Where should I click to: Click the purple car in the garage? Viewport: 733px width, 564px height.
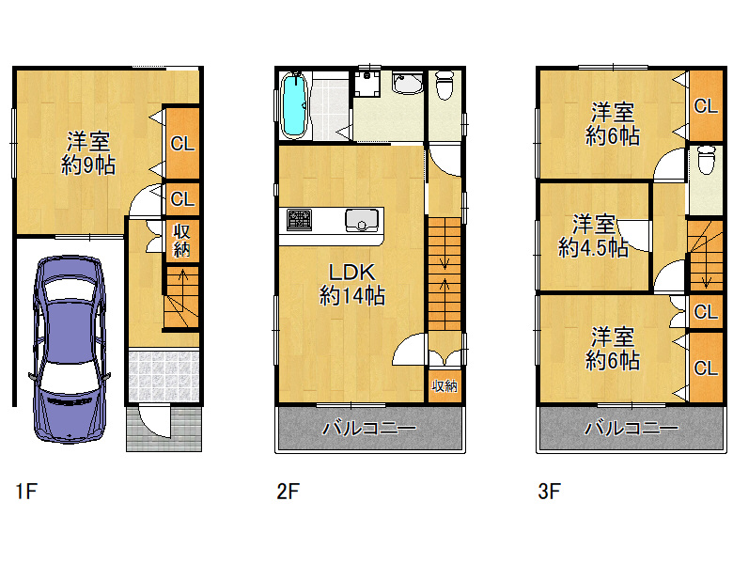coord(70,349)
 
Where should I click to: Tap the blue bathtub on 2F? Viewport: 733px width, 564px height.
coord(294,105)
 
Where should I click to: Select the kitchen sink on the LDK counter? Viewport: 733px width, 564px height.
coord(362,220)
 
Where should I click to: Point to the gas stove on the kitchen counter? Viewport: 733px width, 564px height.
coord(299,220)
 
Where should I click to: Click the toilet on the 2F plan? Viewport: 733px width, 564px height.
coord(444,86)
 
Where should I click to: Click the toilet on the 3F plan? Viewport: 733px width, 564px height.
coord(706,160)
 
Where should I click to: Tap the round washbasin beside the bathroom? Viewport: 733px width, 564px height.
coord(407,84)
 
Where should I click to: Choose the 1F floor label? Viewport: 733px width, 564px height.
coord(26,492)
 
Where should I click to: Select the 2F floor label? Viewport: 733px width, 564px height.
coord(288,492)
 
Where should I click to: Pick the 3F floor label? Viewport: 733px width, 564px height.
coord(550,492)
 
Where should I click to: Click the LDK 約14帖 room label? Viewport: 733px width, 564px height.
coord(352,284)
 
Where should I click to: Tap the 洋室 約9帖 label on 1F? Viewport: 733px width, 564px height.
coord(88,153)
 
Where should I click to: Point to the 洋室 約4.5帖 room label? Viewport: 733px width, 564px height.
coord(593,236)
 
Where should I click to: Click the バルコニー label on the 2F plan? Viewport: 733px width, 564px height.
coord(369,428)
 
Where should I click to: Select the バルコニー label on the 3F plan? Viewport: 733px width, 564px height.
coord(632,428)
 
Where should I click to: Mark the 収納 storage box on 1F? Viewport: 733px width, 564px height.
coord(182,241)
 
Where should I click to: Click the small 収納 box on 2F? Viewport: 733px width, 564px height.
coord(444,385)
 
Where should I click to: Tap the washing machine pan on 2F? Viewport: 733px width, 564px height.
coord(366,84)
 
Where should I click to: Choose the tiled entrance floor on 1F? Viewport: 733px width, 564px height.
coord(164,376)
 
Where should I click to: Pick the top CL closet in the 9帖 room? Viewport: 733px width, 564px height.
coord(182,143)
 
